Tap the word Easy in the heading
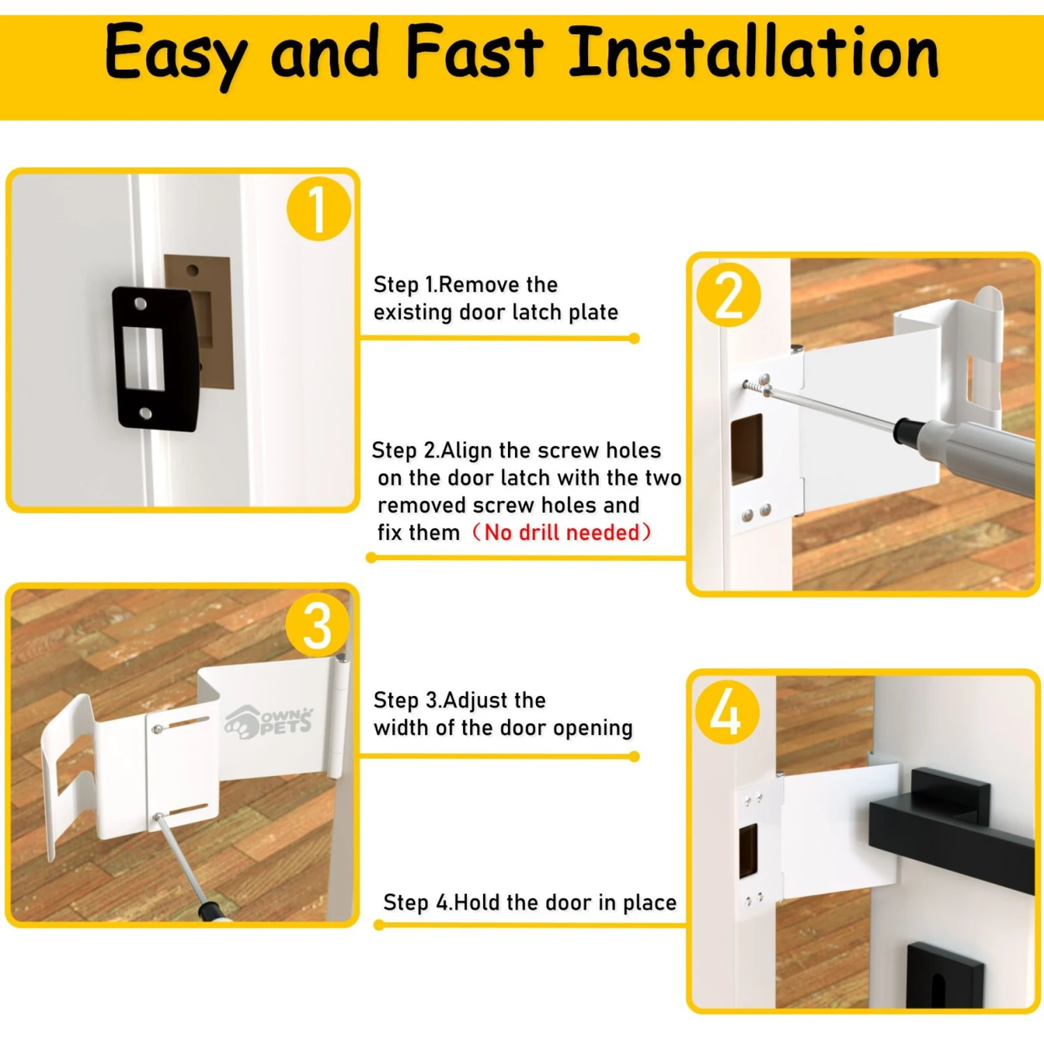click(175, 54)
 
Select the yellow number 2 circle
click(728, 295)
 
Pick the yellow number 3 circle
click(317, 625)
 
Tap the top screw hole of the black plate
click(140, 304)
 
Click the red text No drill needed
click(562, 532)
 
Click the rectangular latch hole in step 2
click(746, 449)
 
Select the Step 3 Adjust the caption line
click(459, 700)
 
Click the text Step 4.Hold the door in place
click(530, 903)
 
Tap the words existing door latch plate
click(496, 313)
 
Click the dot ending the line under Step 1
click(634, 338)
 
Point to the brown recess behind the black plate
click(216, 320)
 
